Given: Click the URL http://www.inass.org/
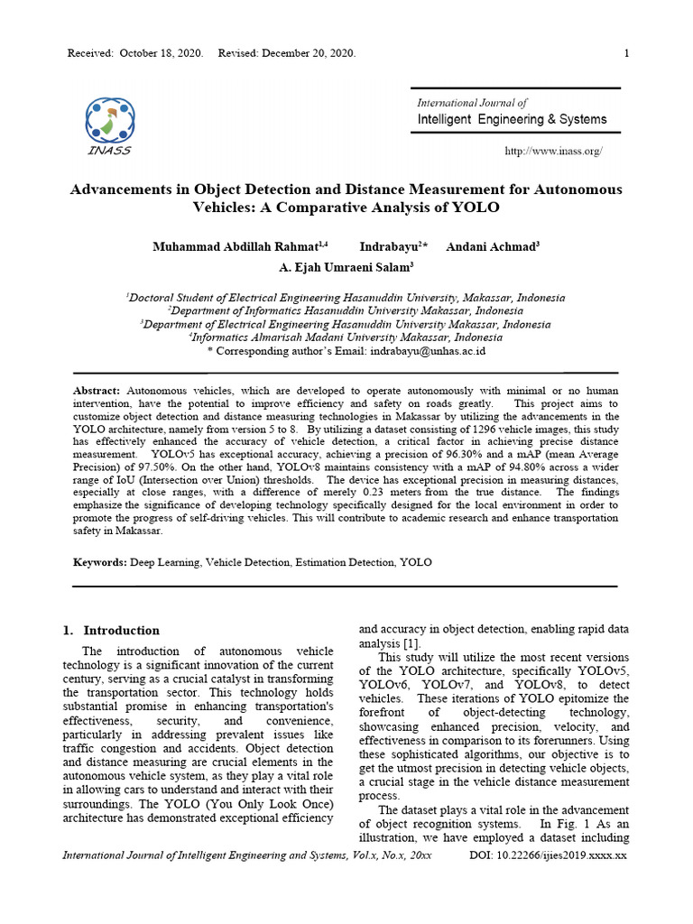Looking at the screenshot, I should click(x=554, y=151).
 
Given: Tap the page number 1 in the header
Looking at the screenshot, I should click(x=625, y=53).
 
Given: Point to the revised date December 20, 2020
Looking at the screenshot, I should click(x=309, y=53).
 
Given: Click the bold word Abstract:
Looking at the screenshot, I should click(x=97, y=390).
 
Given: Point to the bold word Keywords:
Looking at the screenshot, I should click(x=99, y=562).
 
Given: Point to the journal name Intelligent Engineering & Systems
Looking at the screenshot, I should click(x=512, y=119).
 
